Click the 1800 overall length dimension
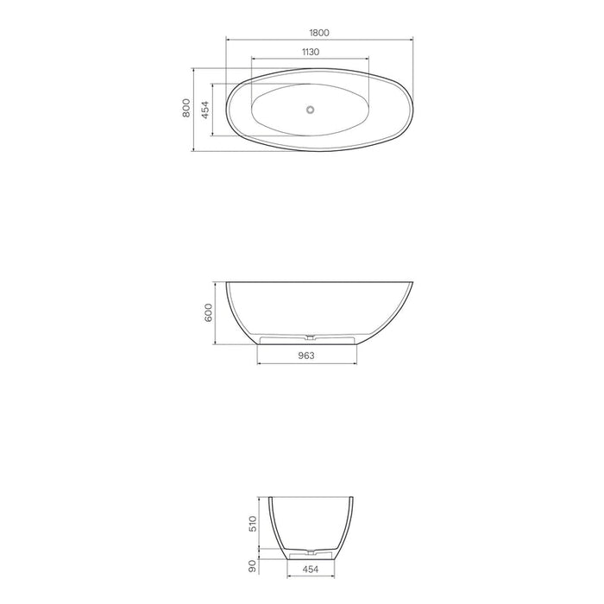(x=318, y=32)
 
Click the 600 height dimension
(x=208, y=311)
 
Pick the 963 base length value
(x=306, y=355)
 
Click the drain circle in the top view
(x=311, y=110)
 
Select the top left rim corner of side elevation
(x=227, y=282)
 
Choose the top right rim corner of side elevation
(x=413, y=282)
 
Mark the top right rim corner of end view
(x=354, y=496)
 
